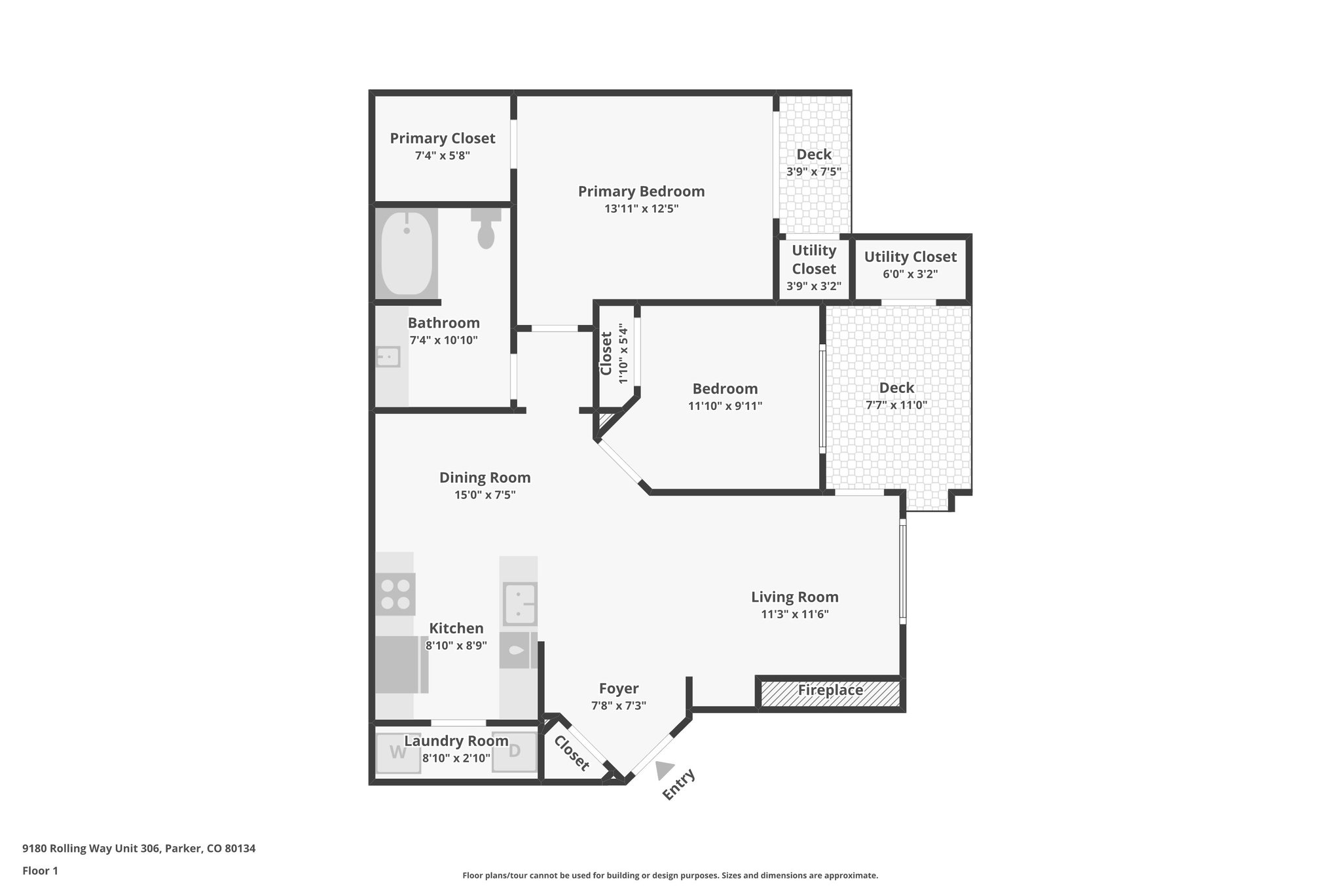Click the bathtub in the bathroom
coord(407,253)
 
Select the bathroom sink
coord(388,357)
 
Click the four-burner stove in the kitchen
coord(395,594)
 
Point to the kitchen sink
coord(520,603)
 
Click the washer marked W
coord(398,752)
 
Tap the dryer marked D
coord(514,751)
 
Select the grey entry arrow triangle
coord(665,771)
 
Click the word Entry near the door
coord(678,785)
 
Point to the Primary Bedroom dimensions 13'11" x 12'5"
coord(641,209)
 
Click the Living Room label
coord(794,597)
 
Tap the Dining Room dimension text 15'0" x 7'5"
coord(485,495)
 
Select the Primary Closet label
coord(443,138)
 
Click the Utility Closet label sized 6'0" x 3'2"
coord(910,257)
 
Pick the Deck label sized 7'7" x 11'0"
coord(896,388)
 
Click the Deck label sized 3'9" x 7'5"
coord(814,155)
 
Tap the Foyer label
coord(619,688)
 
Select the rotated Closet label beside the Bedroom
coord(606,354)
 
